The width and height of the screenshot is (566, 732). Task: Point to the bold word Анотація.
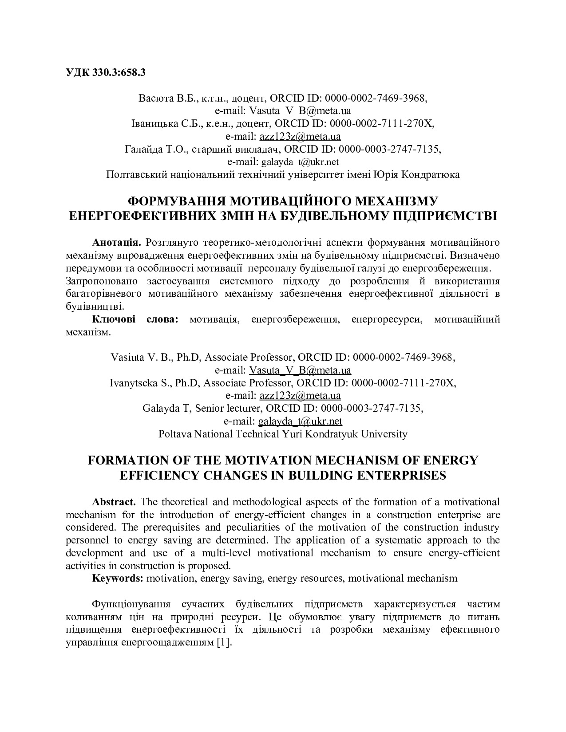click(117, 243)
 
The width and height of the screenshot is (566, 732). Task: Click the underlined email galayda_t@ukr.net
click(300, 421)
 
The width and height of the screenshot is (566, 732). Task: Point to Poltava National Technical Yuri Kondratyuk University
click(283, 434)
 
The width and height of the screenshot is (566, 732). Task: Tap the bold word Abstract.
click(114, 502)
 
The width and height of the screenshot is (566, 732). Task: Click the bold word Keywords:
click(118, 579)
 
